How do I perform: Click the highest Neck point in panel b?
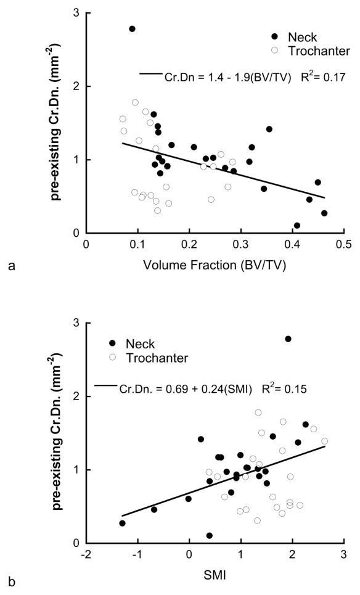pyautogui.click(x=288, y=339)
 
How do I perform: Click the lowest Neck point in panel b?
pyautogui.click(x=210, y=535)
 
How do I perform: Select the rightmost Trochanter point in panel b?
pyautogui.click(x=325, y=441)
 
